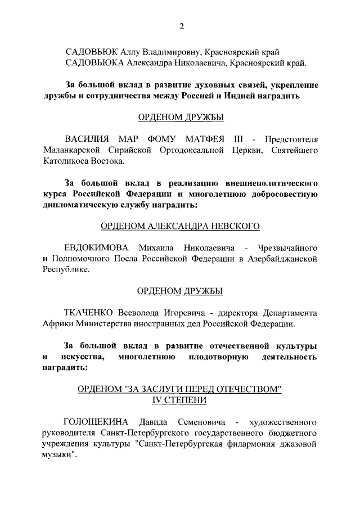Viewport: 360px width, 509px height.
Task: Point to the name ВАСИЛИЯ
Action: pyautogui.click(x=87, y=139)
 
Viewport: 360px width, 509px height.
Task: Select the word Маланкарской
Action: pyautogui.click(x=71, y=150)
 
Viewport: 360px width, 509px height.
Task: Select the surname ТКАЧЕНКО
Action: pyautogui.click(x=90, y=313)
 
